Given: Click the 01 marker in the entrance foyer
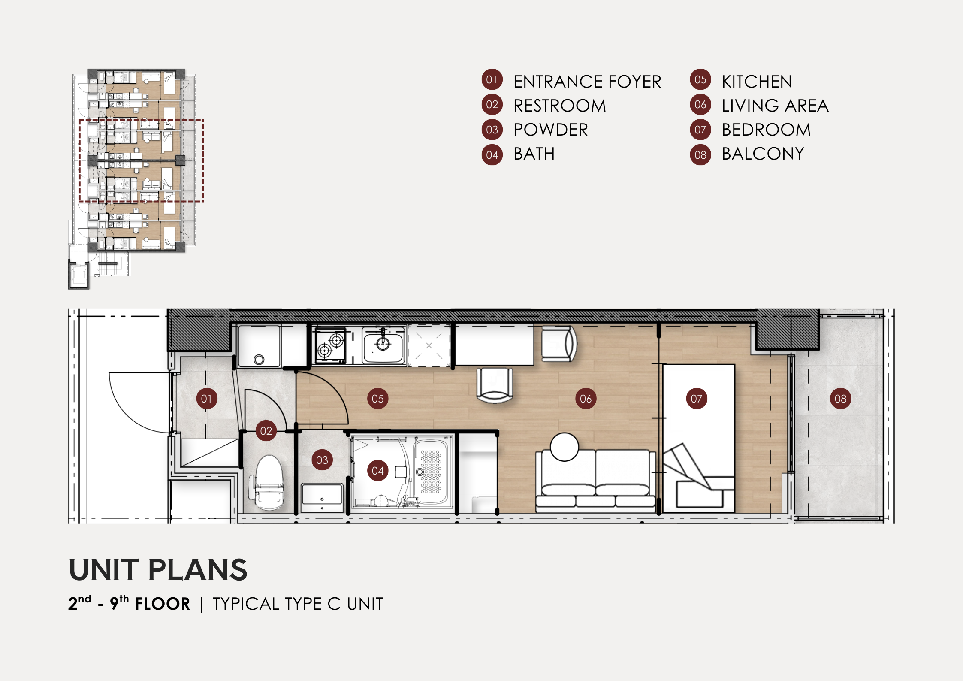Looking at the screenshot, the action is (x=206, y=399).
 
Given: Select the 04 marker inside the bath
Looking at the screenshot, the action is (x=377, y=471).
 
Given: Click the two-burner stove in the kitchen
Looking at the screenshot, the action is (x=330, y=346).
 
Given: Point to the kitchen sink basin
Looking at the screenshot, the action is (x=383, y=345).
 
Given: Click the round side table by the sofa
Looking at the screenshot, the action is (x=565, y=447).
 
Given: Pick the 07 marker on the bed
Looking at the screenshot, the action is (x=697, y=399).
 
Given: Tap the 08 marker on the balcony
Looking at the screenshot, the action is (x=840, y=399).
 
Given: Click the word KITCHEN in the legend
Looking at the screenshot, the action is (x=757, y=82).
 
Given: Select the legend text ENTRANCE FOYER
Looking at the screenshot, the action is (x=587, y=82).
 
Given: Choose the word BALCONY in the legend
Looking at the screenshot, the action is (x=763, y=154).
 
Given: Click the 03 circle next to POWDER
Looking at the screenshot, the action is (x=492, y=130).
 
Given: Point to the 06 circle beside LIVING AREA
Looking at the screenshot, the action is (x=700, y=105).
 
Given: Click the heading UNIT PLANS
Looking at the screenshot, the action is (x=158, y=570).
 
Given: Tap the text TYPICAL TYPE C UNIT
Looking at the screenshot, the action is (x=298, y=604).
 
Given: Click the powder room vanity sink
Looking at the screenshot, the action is (x=322, y=498).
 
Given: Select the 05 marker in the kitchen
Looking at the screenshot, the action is (x=377, y=399).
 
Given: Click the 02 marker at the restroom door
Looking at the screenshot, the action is (x=266, y=431).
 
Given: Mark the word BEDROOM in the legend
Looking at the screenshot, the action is (x=766, y=130).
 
